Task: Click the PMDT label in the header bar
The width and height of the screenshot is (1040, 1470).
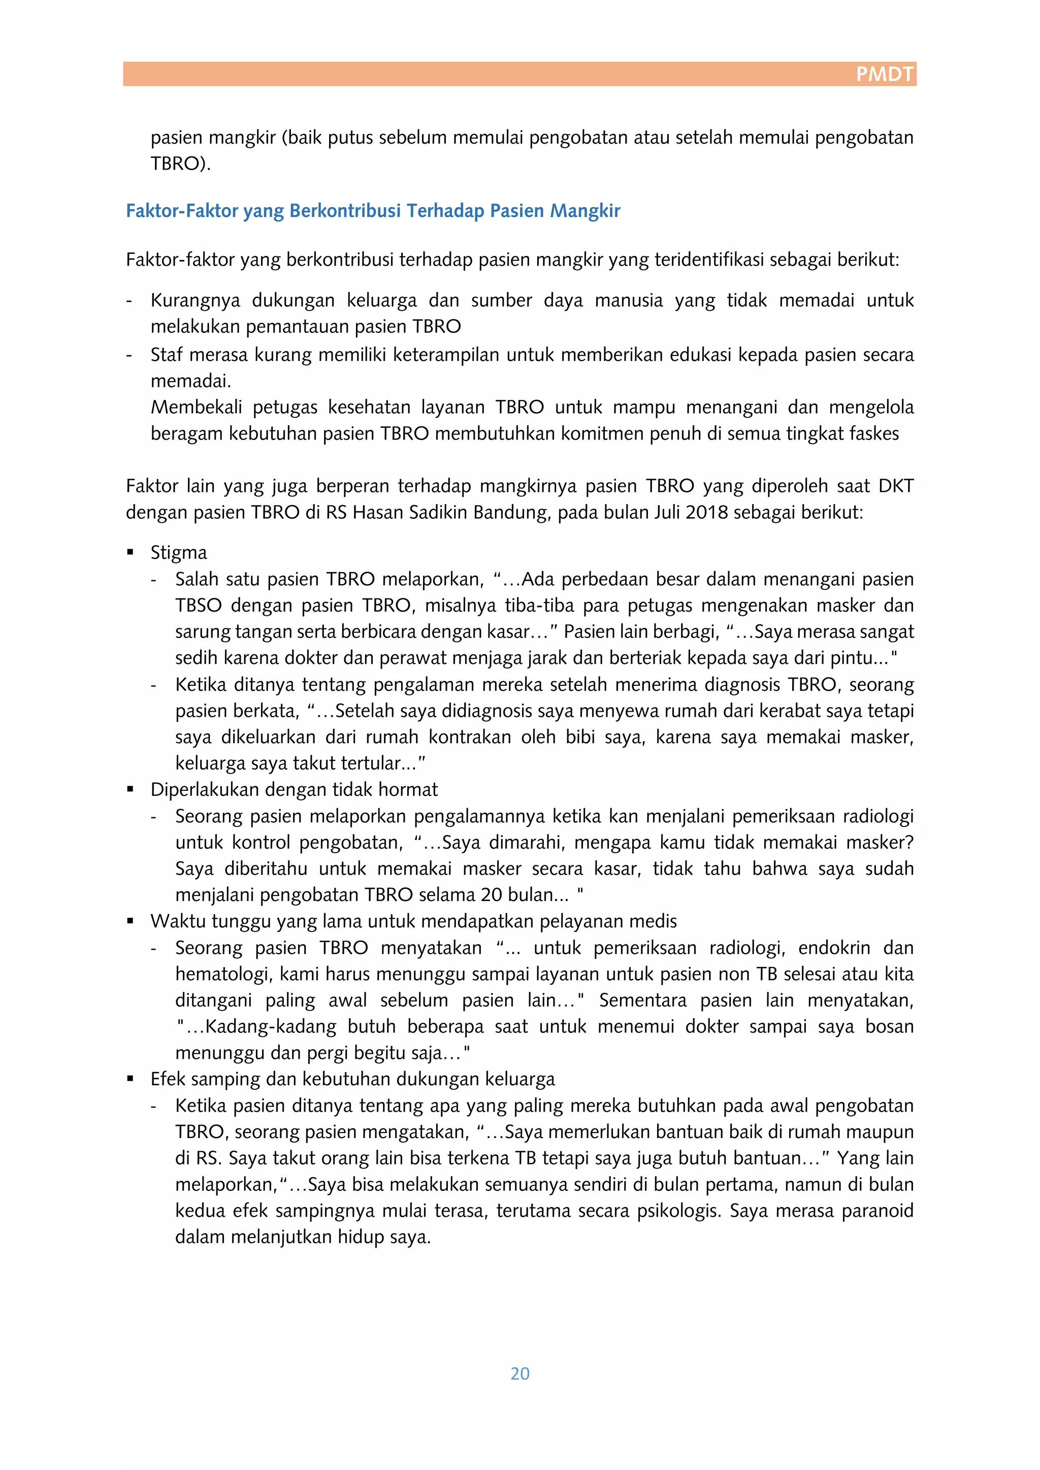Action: pyautogui.click(x=885, y=74)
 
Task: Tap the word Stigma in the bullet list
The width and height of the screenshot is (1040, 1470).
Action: pyautogui.click(x=179, y=553)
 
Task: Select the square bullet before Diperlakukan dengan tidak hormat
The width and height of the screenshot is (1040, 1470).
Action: pyautogui.click(x=131, y=789)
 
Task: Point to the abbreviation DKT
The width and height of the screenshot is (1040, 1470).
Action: pyautogui.click(x=895, y=486)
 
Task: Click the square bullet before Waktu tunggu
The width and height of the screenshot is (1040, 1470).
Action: pyautogui.click(x=131, y=921)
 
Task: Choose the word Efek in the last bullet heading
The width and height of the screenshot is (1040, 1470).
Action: pyautogui.click(x=169, y=1079)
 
